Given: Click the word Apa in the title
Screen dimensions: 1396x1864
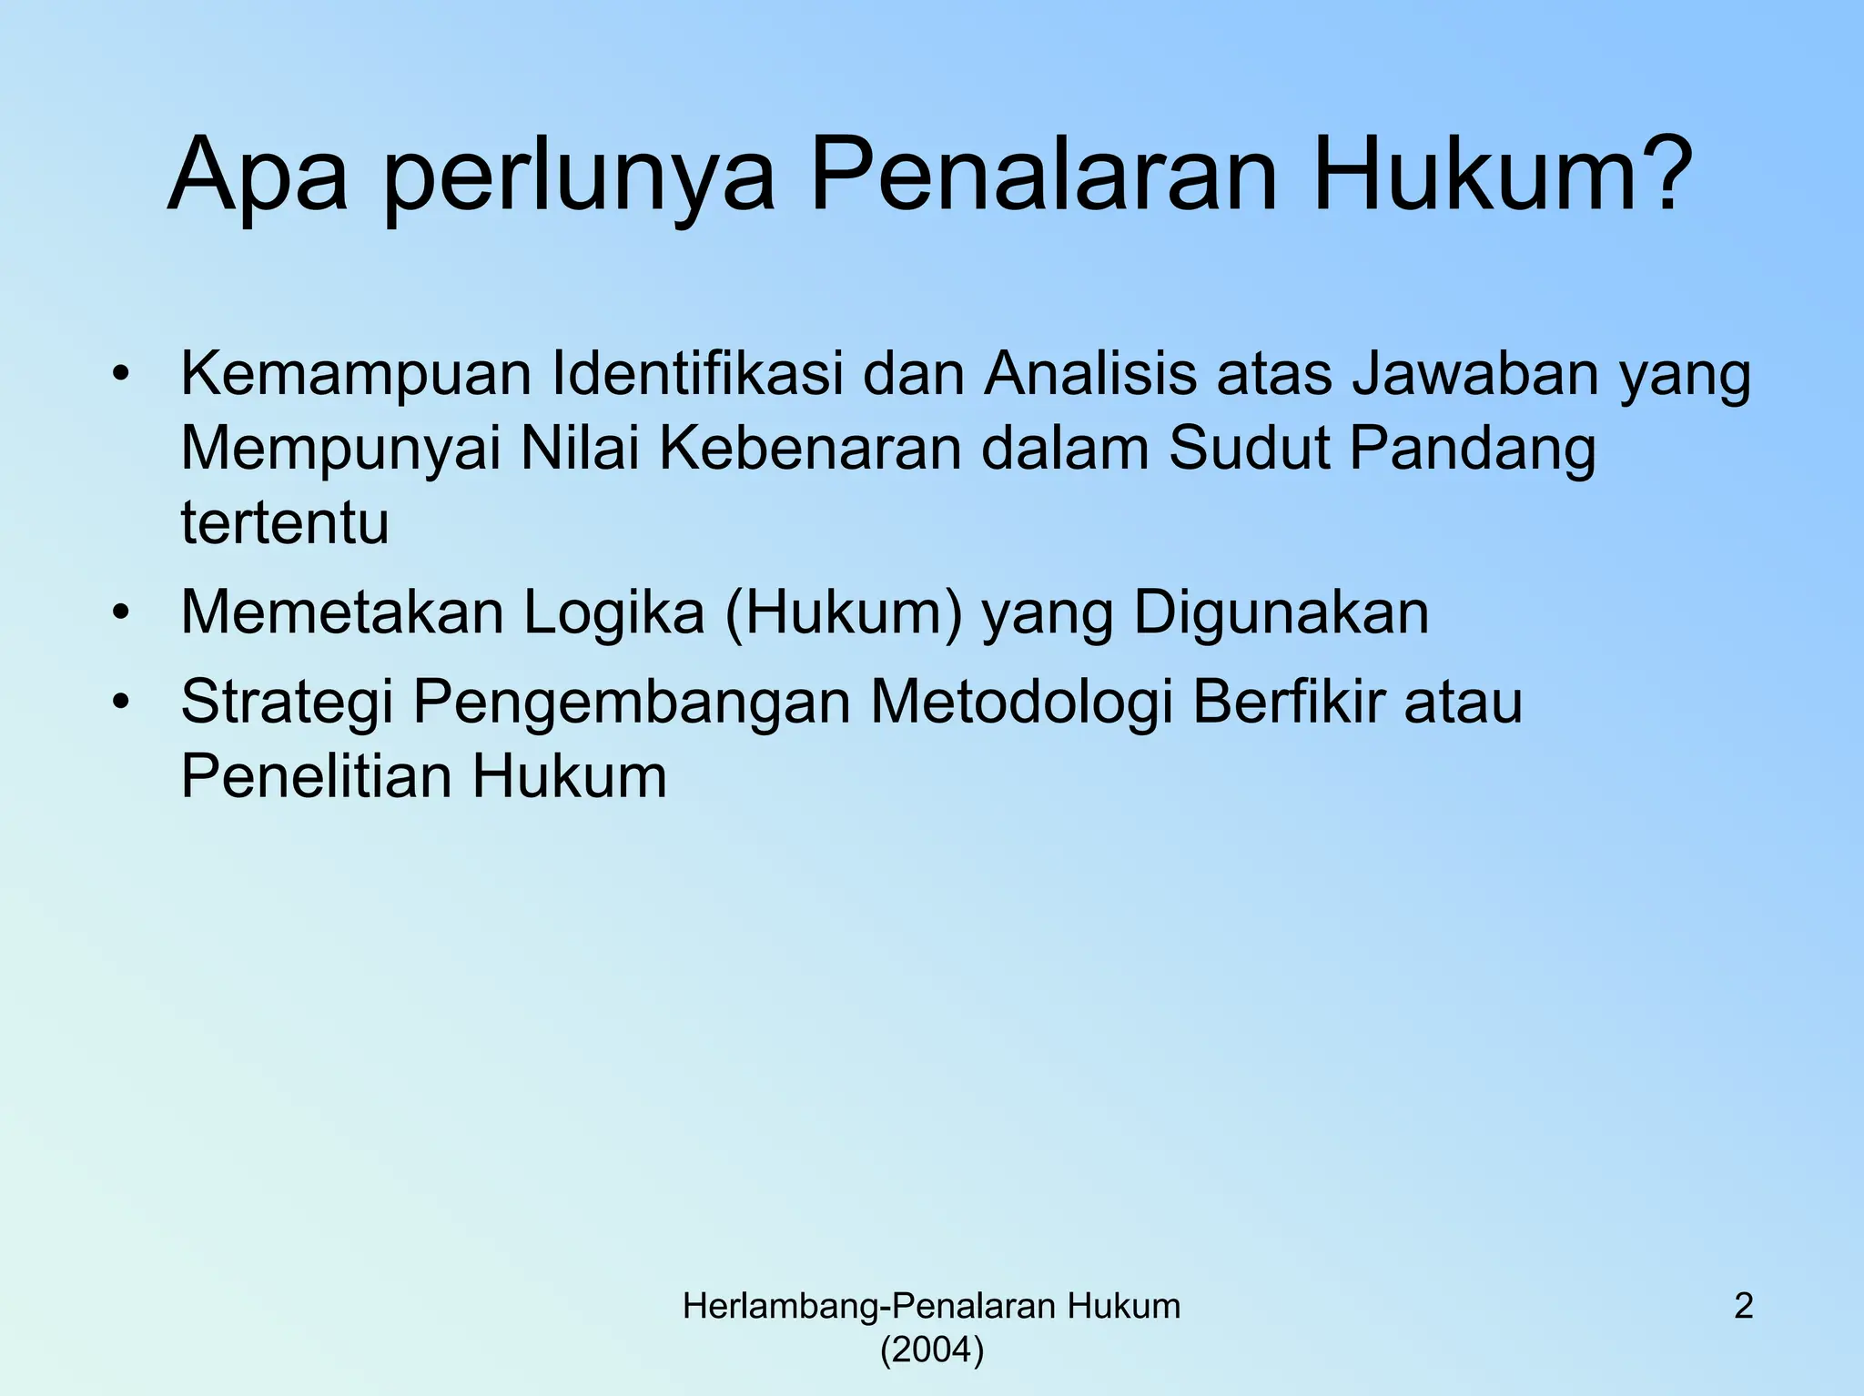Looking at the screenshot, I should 258,175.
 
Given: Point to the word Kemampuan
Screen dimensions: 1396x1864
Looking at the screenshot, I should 356,375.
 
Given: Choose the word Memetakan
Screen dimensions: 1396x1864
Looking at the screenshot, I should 342,612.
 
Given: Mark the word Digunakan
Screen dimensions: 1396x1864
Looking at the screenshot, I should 1281,612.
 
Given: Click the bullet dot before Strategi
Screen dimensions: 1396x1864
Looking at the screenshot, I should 121,702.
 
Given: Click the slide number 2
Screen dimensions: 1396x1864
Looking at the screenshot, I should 1743,1307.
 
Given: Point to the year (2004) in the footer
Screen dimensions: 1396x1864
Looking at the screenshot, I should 932,1350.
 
